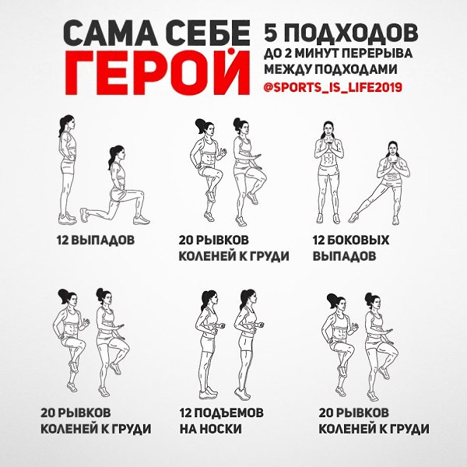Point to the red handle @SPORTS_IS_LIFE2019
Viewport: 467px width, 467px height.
coord(332,87)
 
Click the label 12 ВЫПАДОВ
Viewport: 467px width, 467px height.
coord(96,240)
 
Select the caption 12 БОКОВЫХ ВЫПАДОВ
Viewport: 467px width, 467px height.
coord(350,248)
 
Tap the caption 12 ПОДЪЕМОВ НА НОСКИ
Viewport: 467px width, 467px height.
coord(221,420)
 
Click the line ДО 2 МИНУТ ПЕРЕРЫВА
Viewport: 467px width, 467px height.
coord(338,54)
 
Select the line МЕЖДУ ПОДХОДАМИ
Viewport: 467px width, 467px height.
coord(330,69)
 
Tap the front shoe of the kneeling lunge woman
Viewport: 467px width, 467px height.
coord(142,220)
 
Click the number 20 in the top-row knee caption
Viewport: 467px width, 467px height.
coord(185,240)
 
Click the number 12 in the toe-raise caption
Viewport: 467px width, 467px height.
coord(185,413)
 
